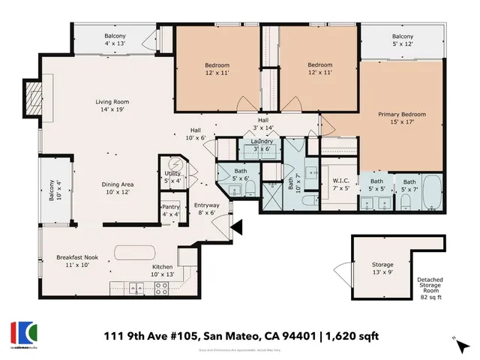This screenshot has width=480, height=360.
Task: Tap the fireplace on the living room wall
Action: click(32, 98)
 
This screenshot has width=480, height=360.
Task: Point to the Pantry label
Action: click(171, 208)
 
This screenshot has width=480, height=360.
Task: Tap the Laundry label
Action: click(262, 141)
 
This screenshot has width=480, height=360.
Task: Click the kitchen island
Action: click(135, 251)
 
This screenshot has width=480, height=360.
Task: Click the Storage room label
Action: click(382, 265)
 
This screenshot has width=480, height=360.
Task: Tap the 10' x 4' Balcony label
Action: click(52, 189)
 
